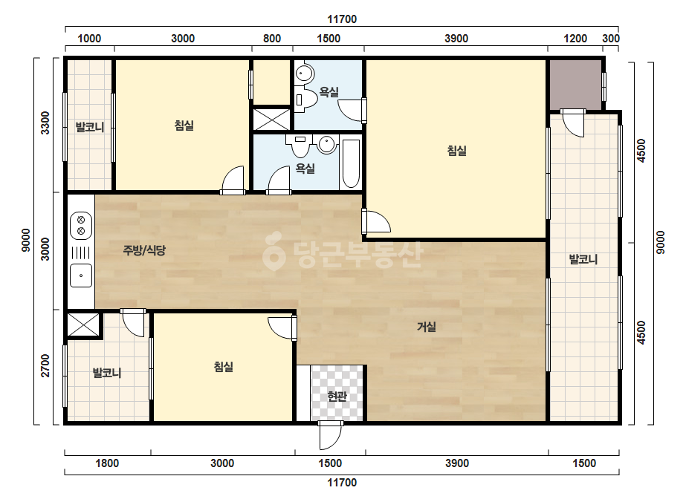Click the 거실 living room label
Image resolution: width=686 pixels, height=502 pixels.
point(426,327)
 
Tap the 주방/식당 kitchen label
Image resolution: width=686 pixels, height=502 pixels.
point(144,250)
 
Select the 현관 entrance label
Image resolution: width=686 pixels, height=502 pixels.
point(337,396)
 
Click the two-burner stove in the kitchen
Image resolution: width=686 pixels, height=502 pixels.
point(81,226)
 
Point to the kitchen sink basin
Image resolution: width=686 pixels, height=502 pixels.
point(81,276)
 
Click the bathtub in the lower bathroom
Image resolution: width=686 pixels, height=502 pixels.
point(351,164)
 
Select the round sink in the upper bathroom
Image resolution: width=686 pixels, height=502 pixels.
point(305,73)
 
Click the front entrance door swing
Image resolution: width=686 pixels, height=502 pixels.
point(330,435)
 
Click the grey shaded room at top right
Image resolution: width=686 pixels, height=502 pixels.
point(576,85)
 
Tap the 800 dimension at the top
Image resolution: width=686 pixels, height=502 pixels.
point(272,39)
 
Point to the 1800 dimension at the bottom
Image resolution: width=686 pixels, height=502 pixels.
point(107,463)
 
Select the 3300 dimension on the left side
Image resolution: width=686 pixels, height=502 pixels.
point(45,123)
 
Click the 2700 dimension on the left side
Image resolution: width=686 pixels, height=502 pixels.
point(45,366)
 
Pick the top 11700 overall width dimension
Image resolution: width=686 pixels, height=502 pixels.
point(342,19)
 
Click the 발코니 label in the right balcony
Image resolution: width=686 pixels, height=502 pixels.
point(583,259)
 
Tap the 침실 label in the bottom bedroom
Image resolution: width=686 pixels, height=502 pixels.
point(223,366)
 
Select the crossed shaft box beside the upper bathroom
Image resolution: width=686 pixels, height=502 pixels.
point(272,119)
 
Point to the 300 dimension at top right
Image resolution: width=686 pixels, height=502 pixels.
point(611,39)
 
